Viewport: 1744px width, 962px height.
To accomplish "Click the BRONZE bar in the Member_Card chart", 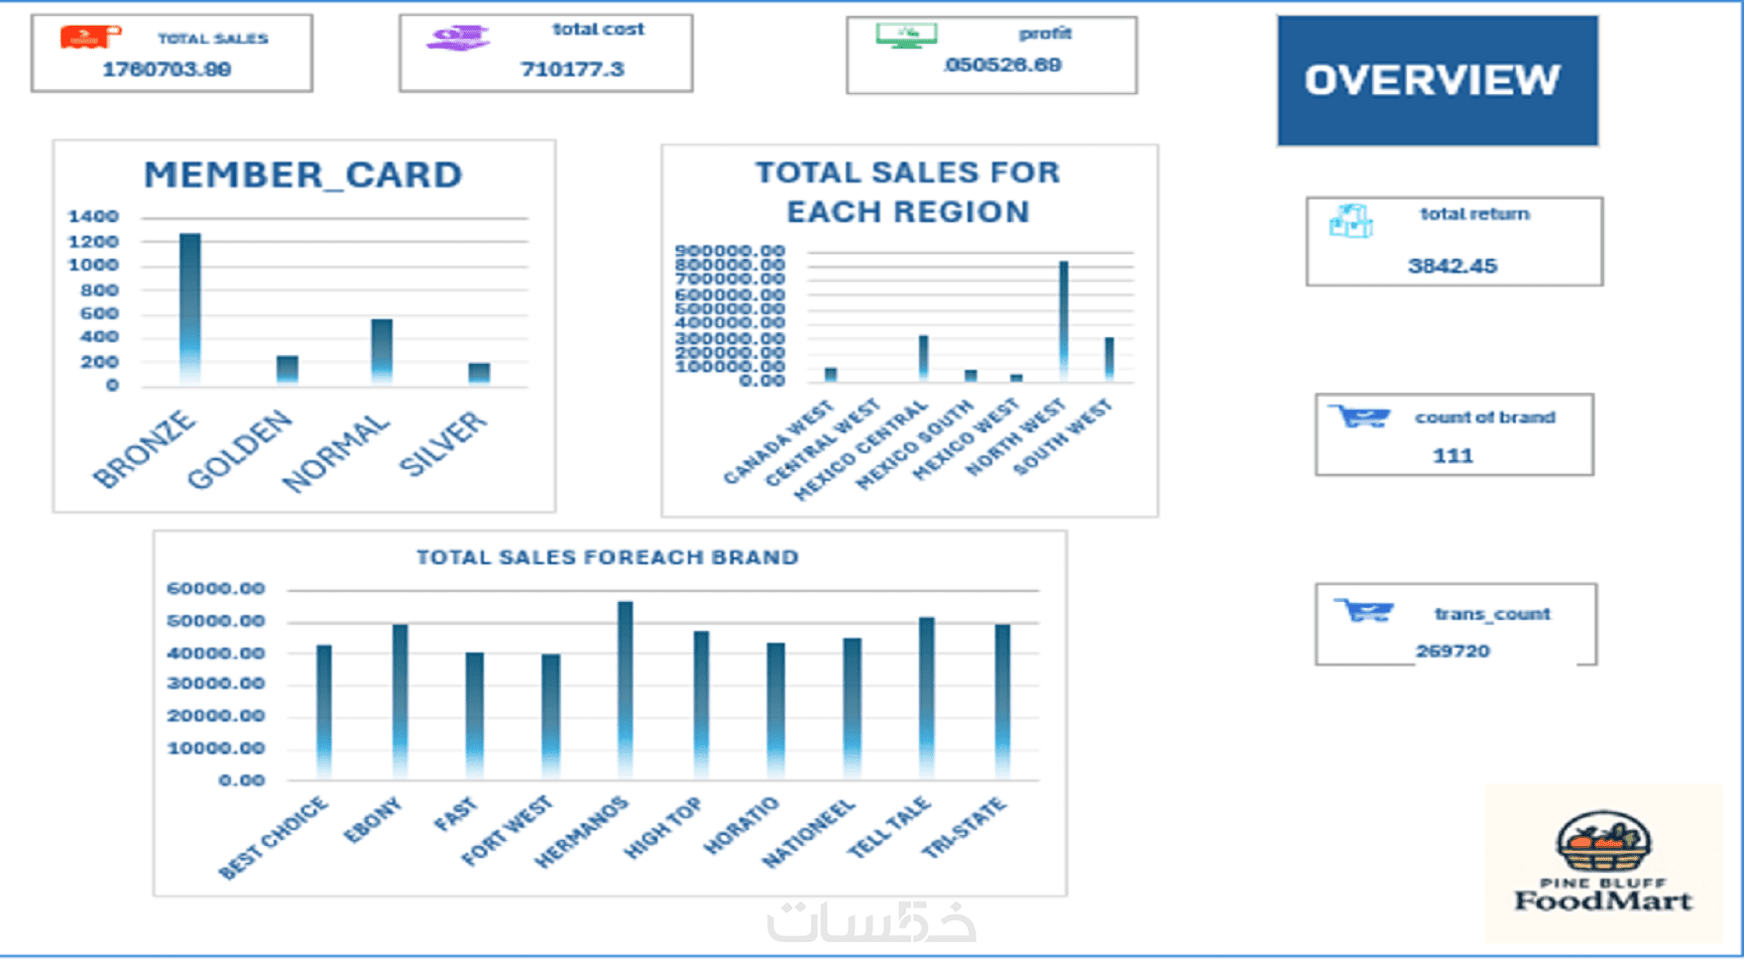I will (190, 307).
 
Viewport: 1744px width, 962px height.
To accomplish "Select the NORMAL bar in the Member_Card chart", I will (382, 350).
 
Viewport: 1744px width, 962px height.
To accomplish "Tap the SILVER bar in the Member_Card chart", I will (479, 372).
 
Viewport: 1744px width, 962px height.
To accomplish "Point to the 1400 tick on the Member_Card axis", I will (93, 216).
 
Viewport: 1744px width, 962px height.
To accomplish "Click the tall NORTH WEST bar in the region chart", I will (1064, 319).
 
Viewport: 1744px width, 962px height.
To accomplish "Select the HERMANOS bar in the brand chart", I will (625, 688).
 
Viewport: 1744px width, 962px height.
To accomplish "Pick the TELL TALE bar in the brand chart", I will (926, 696).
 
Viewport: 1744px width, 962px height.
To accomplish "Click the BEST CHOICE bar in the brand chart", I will (324, 710).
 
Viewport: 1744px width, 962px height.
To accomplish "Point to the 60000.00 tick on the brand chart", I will (216, 588).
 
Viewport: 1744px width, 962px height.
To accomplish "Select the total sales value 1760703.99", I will (167, 69).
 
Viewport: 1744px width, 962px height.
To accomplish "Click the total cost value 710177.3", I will (572, 68).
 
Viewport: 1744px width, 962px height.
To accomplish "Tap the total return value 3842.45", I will (1453, 266).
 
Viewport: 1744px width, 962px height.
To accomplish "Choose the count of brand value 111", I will (1453, 456).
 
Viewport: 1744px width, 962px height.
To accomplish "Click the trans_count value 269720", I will (1453, 651).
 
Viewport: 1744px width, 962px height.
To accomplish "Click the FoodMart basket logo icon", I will (1603, 843).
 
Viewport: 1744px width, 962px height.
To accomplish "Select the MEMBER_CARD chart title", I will (303, 175).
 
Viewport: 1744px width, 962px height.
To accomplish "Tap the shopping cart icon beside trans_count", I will (1364, 611).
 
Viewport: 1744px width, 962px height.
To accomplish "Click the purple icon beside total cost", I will (458, 38).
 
